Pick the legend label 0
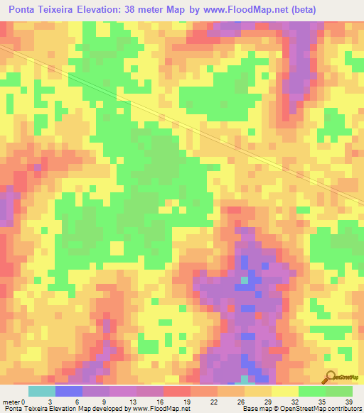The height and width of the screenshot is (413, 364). click(x=23, y=402)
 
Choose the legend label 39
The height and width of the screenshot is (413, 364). click(x=348, y=402)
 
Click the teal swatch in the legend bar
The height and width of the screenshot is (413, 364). click(x=42, y=391)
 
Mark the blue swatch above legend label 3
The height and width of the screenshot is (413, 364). click(x=69, y=391)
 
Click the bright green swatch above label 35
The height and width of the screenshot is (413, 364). click(x=312, y=391)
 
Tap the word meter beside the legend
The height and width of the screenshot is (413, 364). click(x=10, y=402)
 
